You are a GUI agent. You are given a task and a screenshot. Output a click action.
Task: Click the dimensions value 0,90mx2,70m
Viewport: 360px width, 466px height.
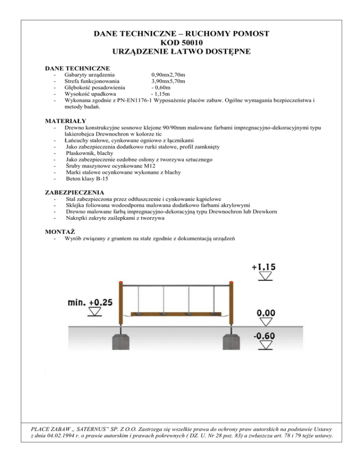171,75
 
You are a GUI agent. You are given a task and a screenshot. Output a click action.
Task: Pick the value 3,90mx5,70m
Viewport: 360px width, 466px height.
171,81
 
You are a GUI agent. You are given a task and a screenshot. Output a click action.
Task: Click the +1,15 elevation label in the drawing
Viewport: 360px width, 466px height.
264,267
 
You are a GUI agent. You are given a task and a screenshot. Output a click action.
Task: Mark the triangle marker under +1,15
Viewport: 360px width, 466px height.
265,277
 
